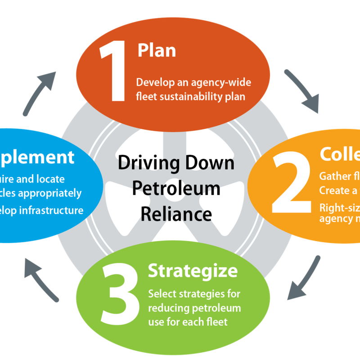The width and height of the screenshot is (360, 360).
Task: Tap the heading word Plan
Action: [157, 50]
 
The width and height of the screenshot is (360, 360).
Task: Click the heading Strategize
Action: [193, 271]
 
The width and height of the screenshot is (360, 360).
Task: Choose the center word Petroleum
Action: [176, 189]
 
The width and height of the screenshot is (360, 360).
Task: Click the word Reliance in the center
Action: [176, 214]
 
